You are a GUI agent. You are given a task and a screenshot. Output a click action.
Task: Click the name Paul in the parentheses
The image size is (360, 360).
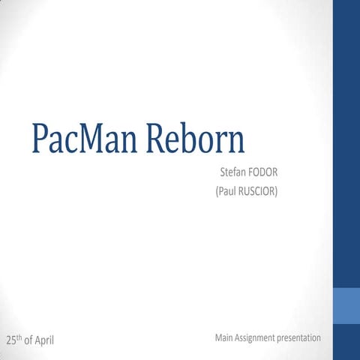click(x=228, y=192)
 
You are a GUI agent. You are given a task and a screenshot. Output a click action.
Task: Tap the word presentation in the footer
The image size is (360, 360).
click(x=299, y=339)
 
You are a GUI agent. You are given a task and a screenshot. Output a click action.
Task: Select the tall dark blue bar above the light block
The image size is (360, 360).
click(x=346, y=142)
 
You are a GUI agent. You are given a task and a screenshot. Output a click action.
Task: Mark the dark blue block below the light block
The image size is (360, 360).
click(x=346, y=342)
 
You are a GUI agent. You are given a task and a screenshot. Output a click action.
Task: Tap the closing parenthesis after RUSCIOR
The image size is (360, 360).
click(x=277, y=192)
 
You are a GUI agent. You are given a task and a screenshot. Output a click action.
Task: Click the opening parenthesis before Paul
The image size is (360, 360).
click(x=217, y=192)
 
